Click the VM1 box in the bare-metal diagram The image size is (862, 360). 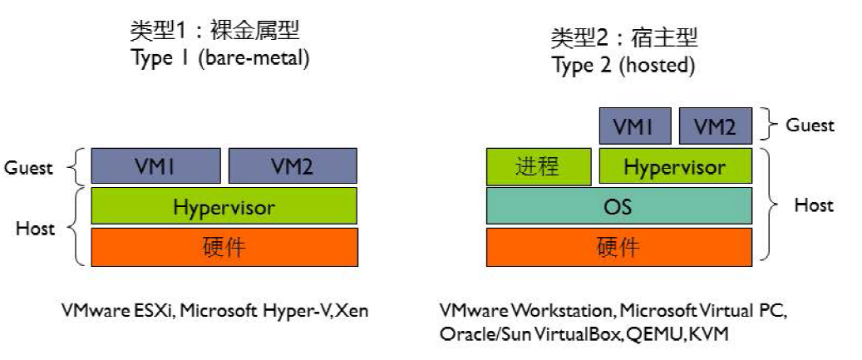155,165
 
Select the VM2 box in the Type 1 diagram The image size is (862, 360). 293,165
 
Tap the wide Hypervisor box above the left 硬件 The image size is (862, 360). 224,205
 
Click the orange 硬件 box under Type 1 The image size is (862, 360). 224,247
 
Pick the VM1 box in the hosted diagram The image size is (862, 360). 635,126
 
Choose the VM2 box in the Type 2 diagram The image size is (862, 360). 715,126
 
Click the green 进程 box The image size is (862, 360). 539,166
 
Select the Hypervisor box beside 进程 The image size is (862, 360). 675,165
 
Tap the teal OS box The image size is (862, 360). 619,205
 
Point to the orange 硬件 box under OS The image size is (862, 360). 619,247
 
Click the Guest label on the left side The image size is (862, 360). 29,168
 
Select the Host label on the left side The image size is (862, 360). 35,228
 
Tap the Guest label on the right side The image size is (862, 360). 810,126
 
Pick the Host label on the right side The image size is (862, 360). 814,205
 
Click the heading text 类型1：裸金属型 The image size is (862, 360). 215,31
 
